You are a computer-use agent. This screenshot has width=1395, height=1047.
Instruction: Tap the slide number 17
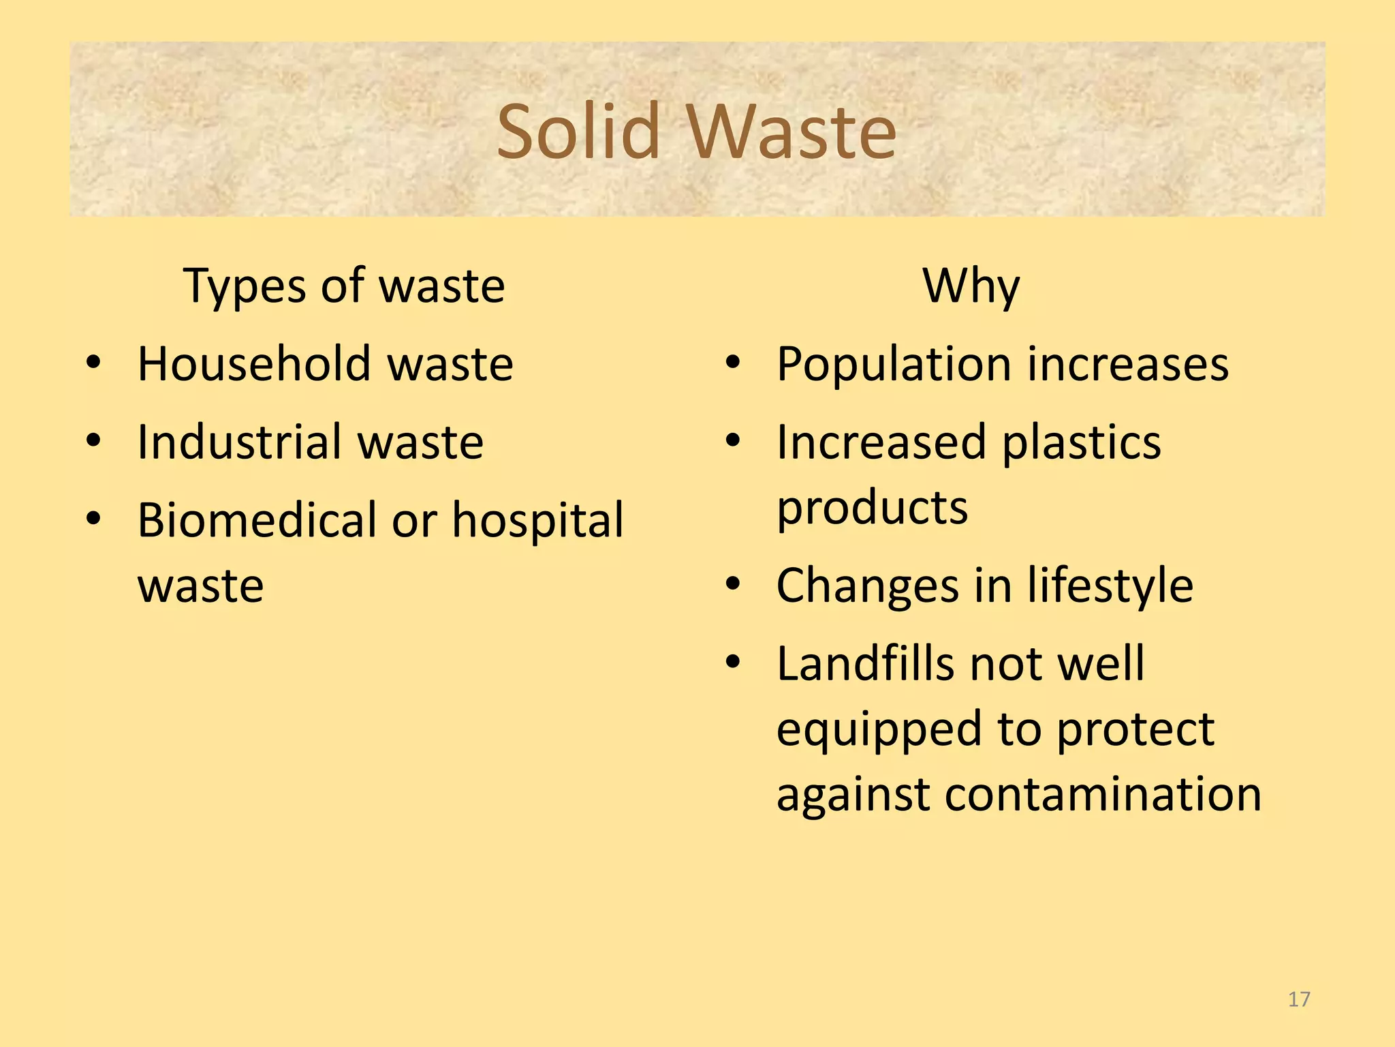pos(1299,999)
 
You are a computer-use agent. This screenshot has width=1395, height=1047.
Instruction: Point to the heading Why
pos(971,286)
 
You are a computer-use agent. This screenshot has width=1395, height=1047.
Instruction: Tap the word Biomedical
pos(257,521)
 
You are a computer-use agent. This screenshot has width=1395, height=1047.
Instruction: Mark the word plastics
pos(1082,444)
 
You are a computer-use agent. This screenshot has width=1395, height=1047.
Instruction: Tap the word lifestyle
pos(1110,586)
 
